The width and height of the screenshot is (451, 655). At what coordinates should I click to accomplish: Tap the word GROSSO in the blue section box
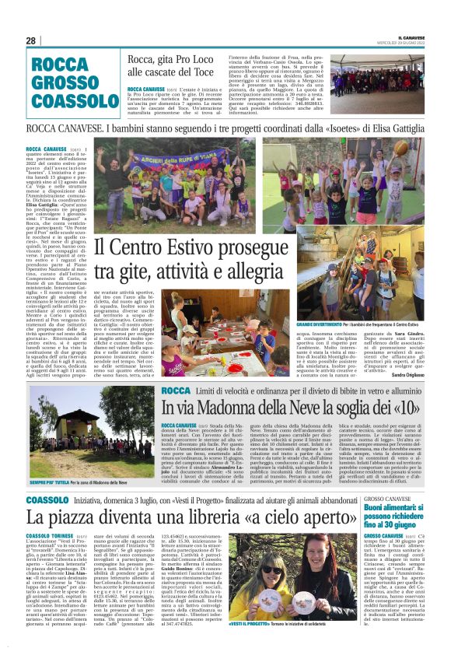tap(65, 82)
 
